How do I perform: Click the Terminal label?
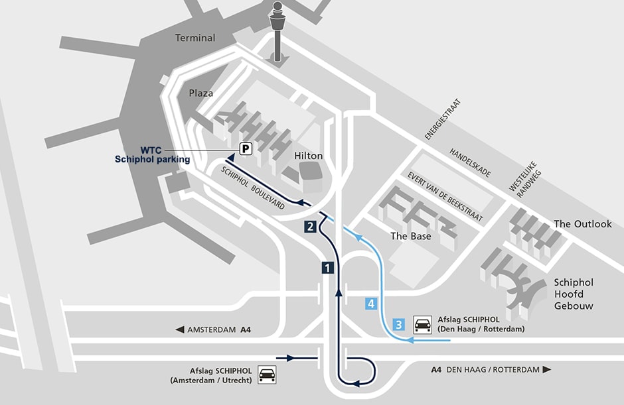(195, 38)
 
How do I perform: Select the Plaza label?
(201, 93)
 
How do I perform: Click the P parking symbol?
(246, 149)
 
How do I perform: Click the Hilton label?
(308, 156)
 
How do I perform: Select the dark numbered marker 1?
(327, 268)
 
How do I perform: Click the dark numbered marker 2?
(310, 226)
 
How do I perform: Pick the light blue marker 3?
(398, 324)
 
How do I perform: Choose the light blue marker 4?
(371, 304)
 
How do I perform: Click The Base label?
(410, 236)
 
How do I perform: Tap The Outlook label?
(582, 224)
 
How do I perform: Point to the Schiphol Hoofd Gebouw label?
(573, 294)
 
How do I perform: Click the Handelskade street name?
(470, 163)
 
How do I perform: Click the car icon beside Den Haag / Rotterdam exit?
(422, 324)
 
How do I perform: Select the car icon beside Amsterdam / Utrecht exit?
(267, 375)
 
